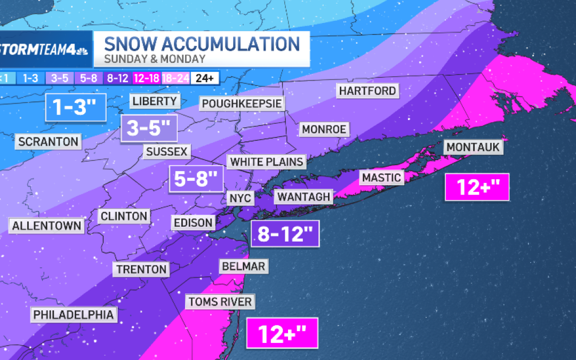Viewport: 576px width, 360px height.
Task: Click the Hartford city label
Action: pyautogui.click(x=368, y=91)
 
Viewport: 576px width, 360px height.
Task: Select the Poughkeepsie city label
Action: pyautogui.click(x=242, y=103)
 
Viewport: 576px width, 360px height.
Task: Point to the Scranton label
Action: pyautogui.click(x=48, y=141)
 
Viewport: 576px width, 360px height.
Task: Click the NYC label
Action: pyautogui.click(x=240, y=198)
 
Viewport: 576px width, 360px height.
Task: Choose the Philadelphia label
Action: pyautogui.click(x=74, y=315)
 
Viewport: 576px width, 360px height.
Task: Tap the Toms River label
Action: pyautogui.click(x=220, y=302)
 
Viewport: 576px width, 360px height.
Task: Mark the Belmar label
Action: pyautogui.click(x=242, y=266)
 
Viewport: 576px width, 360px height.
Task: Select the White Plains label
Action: pyautogui.click(x=267, y=162)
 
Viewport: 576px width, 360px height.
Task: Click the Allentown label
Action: pyautogui.click(x=47, y=225)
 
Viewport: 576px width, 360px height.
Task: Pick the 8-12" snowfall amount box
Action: pyautogui.click(x=285, y=234)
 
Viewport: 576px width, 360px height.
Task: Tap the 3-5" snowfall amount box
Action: pyautogui.click(x=148, y=128)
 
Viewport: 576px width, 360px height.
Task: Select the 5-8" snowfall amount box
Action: pyautogui.click(x=196, y=178)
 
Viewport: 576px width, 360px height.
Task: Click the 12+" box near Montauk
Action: pyautogui.click(x=477, y=187)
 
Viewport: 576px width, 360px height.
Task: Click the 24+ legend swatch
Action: pyautogui.click(x=204, y=78)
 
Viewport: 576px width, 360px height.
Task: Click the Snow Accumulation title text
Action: pyautogui.click(x=202, y=44)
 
